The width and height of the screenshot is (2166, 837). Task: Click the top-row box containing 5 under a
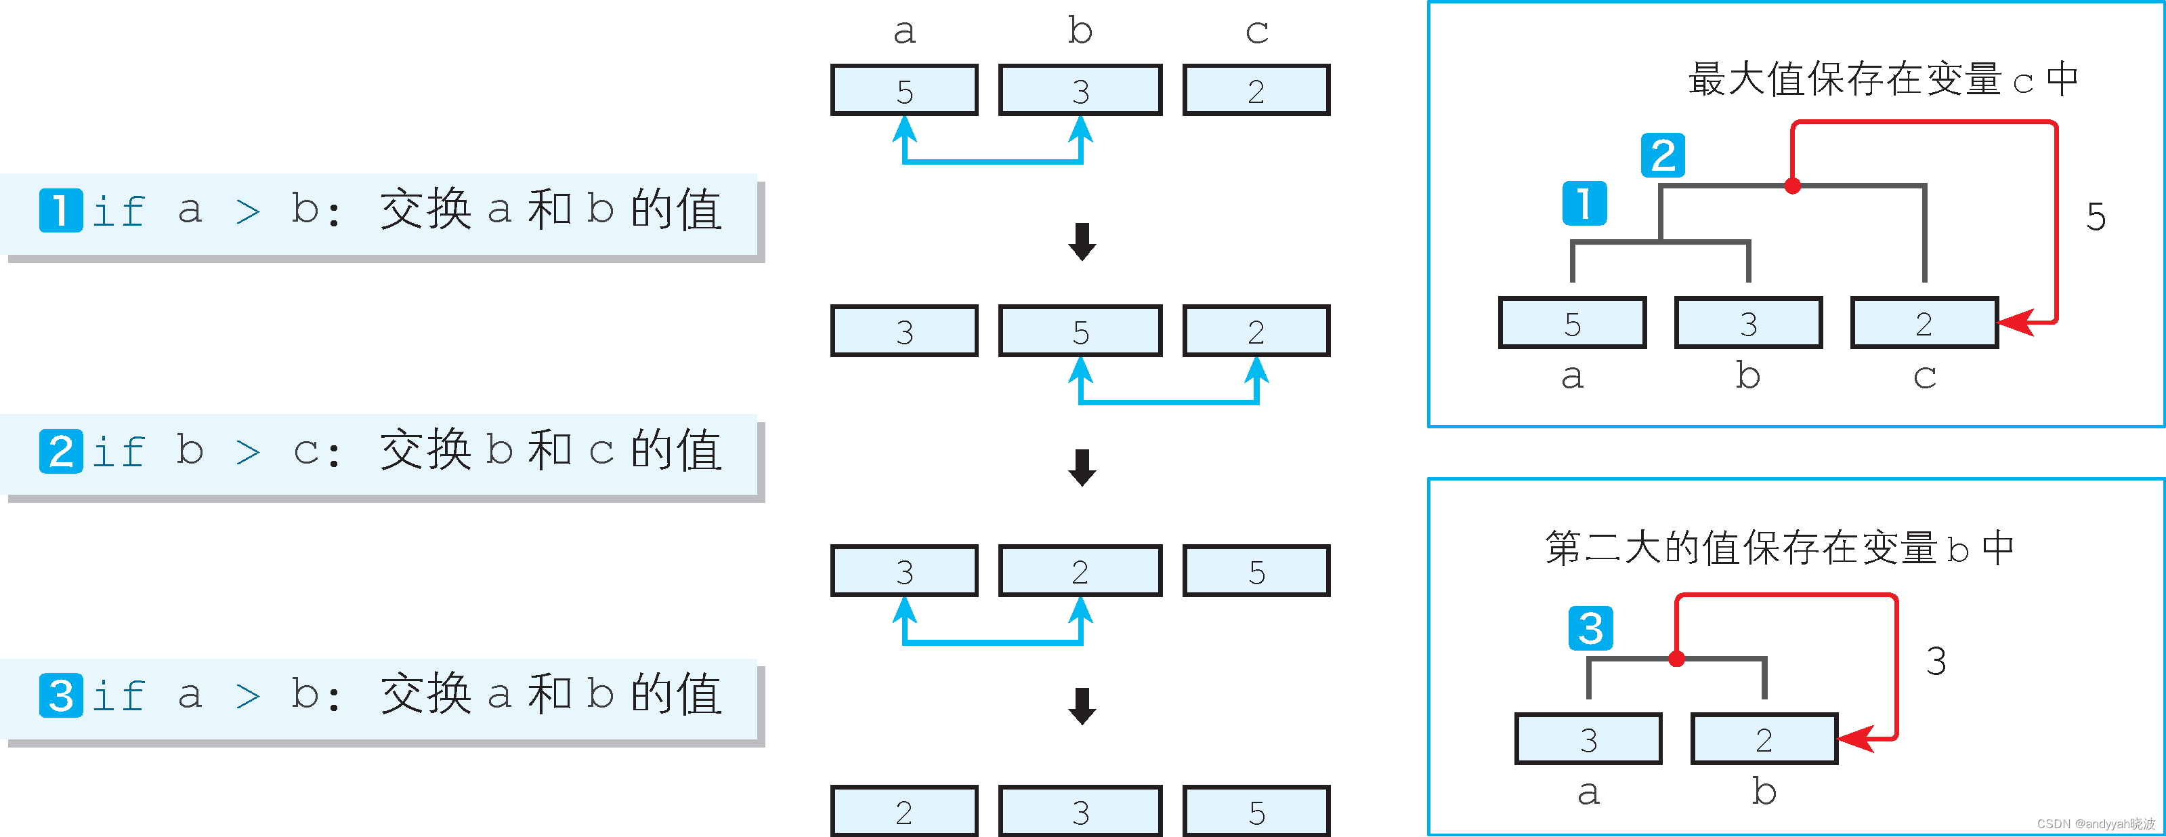(x=904, y=90)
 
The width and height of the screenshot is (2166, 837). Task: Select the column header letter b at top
(x=1080, y=31)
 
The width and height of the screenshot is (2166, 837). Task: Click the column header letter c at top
(x=1256, y=32)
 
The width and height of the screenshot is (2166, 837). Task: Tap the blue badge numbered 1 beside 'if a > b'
(x=60, y=210)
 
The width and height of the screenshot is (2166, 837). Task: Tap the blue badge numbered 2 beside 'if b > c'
(x=60, y=451)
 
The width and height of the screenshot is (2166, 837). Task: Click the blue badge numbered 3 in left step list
(x=60, y=695)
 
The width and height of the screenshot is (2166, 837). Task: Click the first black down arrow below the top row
(x=1082, y=241)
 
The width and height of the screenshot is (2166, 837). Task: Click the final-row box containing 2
(x=904, y=811)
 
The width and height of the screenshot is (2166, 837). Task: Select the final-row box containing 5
(x=1256, y=811)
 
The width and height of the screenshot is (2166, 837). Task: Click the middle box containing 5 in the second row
(x=1080, y=331)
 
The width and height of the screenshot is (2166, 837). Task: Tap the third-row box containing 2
(x=1080, y=571)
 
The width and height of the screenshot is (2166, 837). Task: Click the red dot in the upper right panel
(x=1793, y=186)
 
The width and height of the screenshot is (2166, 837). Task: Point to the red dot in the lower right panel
(x=1676, y=658)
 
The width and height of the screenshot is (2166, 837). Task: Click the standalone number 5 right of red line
(x=2096, y=217)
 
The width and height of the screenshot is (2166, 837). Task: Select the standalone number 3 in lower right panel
(x=1936, y=661)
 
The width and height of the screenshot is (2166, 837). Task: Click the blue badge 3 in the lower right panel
(x=1590, y=628)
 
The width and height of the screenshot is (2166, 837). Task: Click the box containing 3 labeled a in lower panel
(x=1588, y=739)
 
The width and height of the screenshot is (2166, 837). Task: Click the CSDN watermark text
(x=2096, y=823)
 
